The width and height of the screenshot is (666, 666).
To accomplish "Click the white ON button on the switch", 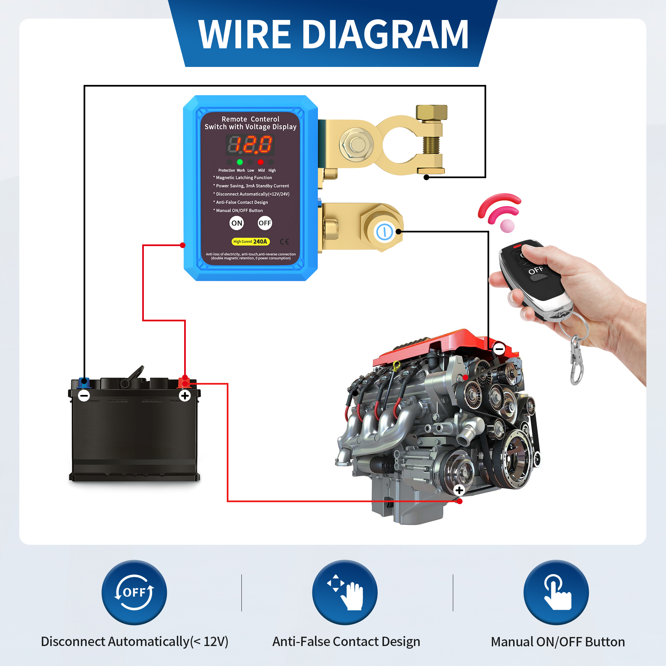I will click(x=236, y=223).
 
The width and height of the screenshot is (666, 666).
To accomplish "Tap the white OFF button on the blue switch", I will click(x=265, y=223).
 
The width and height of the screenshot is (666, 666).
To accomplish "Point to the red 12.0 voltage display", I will click(x=250, y=145).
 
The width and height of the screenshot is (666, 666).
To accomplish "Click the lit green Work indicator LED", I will click(x=240, y=162).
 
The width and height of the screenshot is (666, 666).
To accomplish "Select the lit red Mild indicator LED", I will click(x=261, y=162).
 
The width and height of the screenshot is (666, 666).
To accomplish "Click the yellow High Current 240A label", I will click(x=250, y=242).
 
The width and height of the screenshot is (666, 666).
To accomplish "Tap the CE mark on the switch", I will click(x=284, y=242).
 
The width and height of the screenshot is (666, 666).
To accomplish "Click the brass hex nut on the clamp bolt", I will click(x=431, y=112).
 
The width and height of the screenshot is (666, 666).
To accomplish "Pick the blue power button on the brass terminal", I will click(x=384, y=232).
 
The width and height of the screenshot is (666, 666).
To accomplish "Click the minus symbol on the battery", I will click(x=84, y=395).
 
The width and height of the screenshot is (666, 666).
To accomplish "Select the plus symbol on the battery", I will click(x=185, y=395).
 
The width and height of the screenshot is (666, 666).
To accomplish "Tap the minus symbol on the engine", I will click(x=499, y=349).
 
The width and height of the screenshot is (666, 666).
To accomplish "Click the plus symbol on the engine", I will click(x=459, y=490).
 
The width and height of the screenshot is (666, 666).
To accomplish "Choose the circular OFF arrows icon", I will click(x=134, y=592).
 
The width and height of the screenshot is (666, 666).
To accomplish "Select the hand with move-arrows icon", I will click(x=345, y=592).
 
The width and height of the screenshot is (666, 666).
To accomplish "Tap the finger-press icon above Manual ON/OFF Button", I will click(x=556, y=592).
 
